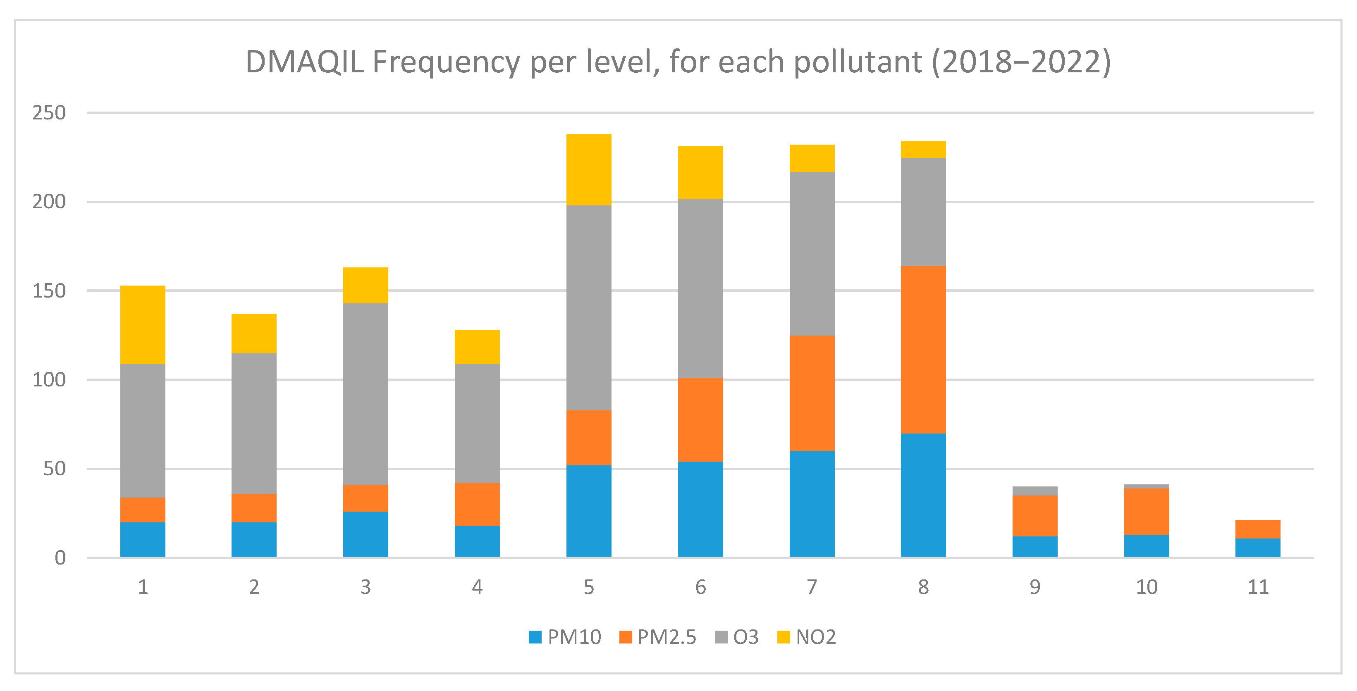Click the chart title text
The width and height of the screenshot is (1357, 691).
(x=678, y=62)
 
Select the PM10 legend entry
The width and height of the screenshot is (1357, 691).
(x=565, y=637)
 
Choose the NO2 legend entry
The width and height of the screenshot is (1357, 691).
(x=807, y=637)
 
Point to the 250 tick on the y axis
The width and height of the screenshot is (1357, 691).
(x=49, y=113)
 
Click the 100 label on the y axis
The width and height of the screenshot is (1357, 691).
(x=49, y=380)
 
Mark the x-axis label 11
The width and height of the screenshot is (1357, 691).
(x=1257, y=587)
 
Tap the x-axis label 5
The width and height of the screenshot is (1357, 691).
(x=588, y=587)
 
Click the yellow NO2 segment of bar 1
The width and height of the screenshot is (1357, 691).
(x=143, y=324)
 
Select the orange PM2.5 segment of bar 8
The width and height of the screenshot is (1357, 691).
(x=923, y=350)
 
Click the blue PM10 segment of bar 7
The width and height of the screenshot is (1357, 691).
(x=812, y=504)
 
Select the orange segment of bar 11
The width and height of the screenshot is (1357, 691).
(x=1257, y=529)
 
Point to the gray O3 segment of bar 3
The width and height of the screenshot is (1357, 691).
(x=366, y=393)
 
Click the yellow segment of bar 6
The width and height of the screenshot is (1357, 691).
(x=700, y=172)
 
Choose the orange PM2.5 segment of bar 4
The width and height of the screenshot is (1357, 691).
(x=477, y=504)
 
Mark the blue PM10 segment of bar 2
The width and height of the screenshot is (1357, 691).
(x=254, y=539)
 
